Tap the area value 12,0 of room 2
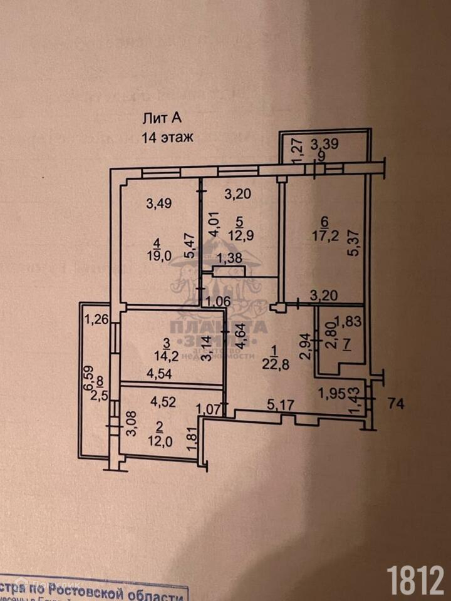[159, 440]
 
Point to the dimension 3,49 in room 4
[158, 203]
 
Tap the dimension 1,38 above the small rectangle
[229, 257]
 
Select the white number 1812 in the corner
[415, 580]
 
